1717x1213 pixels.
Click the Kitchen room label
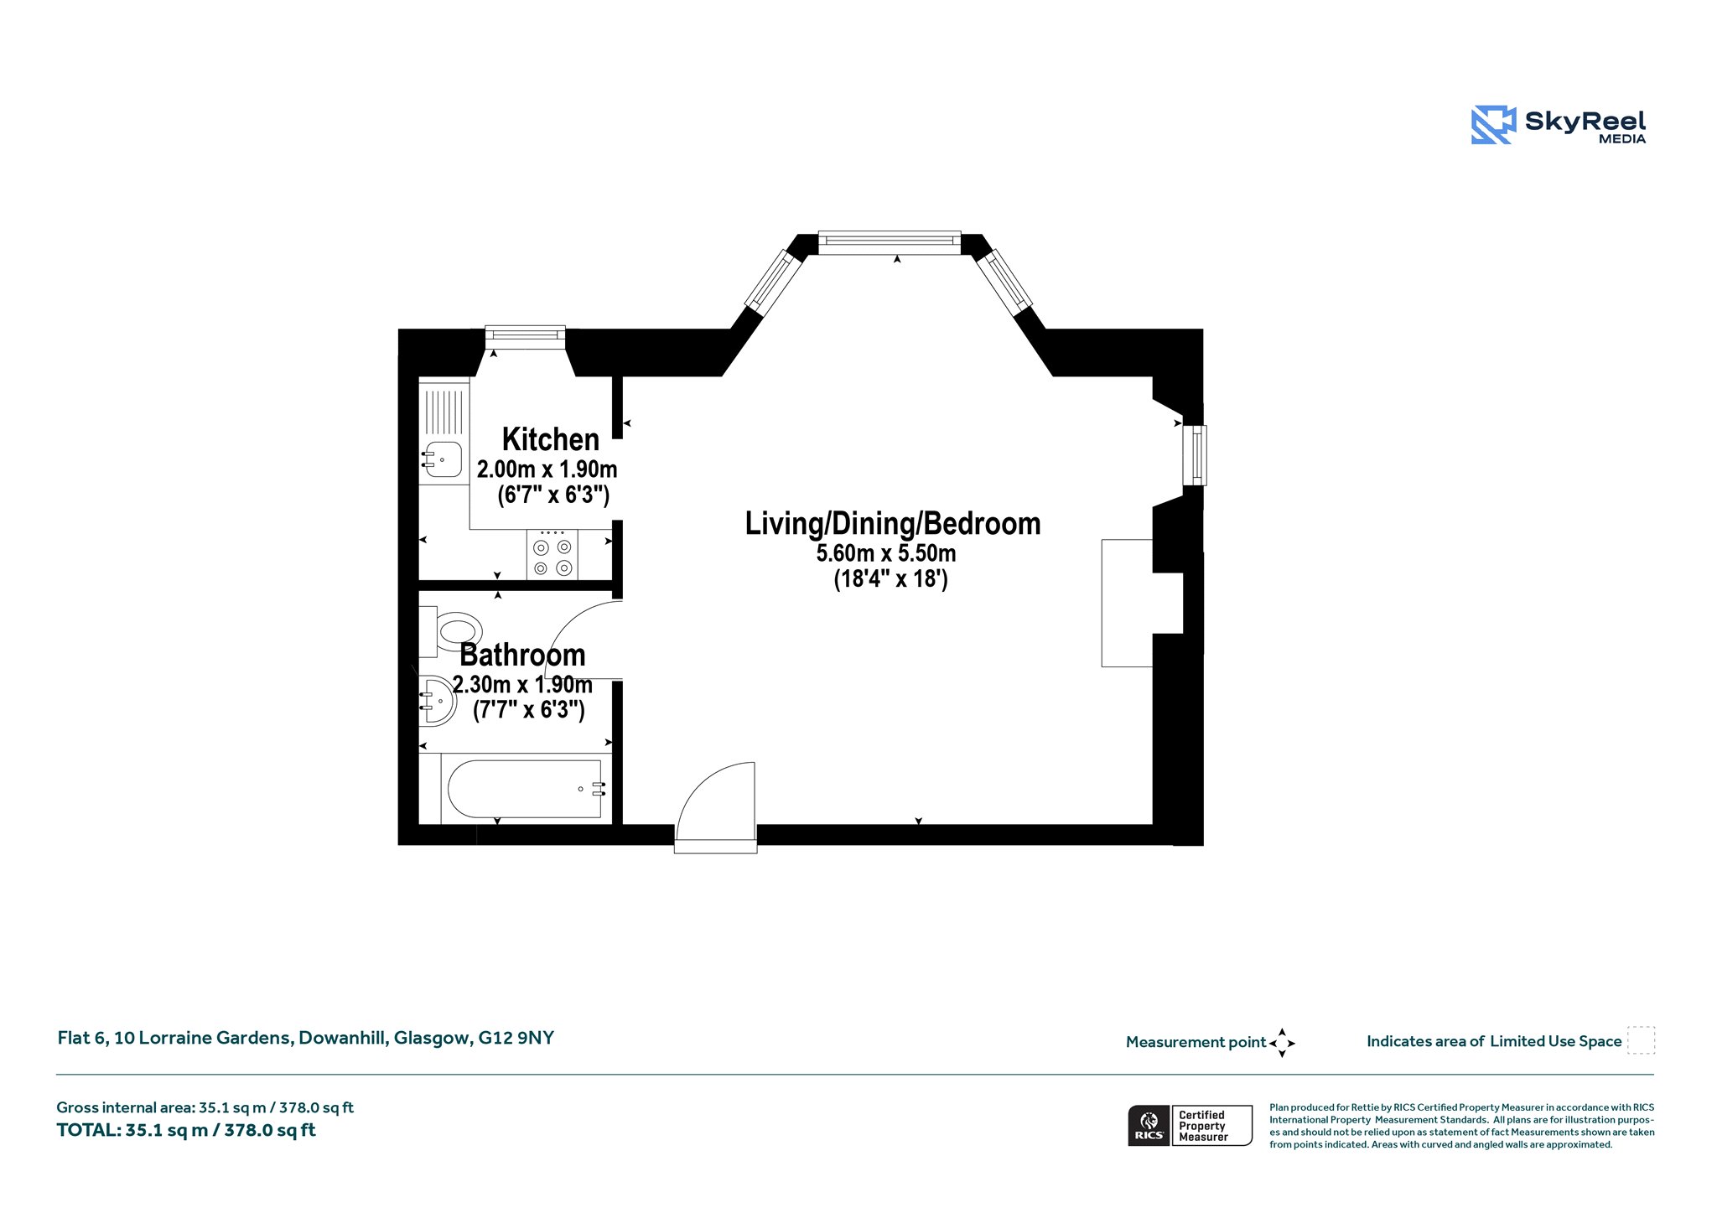click(550, 439)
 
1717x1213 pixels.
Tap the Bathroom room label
click(522, 655)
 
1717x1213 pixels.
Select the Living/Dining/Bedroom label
click(893, 524)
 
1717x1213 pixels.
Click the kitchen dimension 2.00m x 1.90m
click(547, 469)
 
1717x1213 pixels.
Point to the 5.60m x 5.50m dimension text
click(886, 553)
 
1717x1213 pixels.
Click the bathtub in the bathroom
click(524, 789)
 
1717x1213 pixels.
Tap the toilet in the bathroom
click(451, 630)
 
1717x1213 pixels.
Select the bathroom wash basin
click(438, 700)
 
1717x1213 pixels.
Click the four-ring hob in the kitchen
click(552, 555)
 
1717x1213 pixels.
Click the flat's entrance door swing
click(715, 806)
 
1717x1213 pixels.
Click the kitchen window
click(526, 337)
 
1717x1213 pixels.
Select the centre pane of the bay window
click(890, 242)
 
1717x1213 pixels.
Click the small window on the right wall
click(1195, 455)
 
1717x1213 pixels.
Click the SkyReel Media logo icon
click(1494, 125)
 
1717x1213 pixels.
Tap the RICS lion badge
click(1149, 1124)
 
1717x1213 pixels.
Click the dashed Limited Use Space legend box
click(1641, 1040)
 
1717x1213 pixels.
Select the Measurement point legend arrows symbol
click(1282, 1043)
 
